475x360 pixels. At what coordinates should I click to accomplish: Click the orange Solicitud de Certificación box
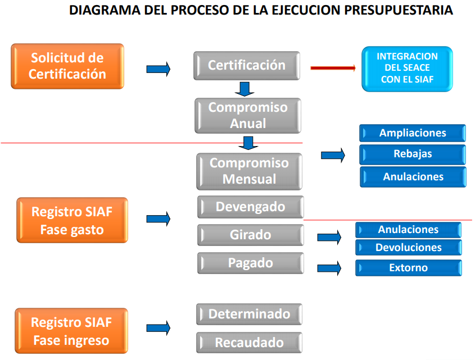pos(67,66)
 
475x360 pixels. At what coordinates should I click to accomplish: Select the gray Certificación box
pos(247,65)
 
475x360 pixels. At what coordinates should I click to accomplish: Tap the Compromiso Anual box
pos(248,115)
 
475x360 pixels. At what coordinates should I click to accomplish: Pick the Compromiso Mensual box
pos(250,171)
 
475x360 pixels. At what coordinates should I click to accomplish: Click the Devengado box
pos(250,207)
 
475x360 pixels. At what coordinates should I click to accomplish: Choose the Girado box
pos(250,235)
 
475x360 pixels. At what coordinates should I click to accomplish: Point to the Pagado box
pos(250,263)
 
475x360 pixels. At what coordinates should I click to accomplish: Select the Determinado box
pos(249,314)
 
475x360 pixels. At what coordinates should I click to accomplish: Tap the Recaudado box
pos(249,342)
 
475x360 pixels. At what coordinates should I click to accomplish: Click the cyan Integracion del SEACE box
pos(407,69)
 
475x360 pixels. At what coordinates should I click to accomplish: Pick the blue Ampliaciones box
pos(413,133)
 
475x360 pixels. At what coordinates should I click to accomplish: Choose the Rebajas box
pos(413,154)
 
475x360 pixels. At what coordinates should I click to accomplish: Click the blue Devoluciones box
pos(409,248)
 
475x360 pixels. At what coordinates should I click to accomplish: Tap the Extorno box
pos(409,268)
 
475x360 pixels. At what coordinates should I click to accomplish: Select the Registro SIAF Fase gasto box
pos(71,221)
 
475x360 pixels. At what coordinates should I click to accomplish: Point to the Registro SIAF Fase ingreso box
pos(71,331)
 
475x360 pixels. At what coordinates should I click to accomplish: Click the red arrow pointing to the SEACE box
pos(333,68)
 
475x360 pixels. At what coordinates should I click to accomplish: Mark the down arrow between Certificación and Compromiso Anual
pos(245,89)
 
